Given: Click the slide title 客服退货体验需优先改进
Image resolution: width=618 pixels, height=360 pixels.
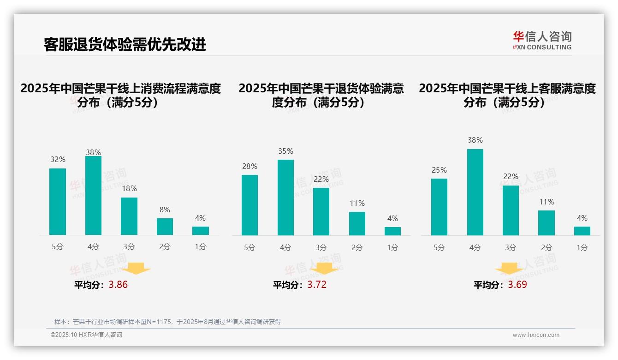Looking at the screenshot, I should [x=125, y=44].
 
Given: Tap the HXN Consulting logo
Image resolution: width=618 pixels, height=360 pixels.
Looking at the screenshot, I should [x=542, y=40].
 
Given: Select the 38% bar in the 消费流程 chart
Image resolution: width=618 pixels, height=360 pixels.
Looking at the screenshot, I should [x=93, y=196].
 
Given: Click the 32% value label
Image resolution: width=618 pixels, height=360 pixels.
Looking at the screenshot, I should [x=58, y=159].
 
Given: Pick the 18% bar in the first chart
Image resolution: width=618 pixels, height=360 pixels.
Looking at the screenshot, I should [x=129, y=216].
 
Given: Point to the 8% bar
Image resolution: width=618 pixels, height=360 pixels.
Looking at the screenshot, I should [x=165, y=227].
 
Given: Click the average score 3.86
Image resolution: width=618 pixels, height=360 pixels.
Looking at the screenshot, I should [x=118, y=284].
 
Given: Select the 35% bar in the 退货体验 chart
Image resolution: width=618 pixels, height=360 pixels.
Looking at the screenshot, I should [x=285, y=198].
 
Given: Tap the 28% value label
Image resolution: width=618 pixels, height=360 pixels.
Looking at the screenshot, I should [x=250, y=166].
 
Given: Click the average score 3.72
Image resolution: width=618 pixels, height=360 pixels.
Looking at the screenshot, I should [x=317, y=284].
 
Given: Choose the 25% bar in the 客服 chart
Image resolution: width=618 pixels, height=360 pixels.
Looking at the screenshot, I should [x=439, y=207].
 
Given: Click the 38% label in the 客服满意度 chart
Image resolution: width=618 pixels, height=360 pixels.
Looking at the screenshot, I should [x=475, y=140].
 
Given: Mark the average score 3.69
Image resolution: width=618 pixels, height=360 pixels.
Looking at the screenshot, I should [x=517, y=284].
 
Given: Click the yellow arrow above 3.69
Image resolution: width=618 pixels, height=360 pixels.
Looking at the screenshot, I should [x=509, y=269].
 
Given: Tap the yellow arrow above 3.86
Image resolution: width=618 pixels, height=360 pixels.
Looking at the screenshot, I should [x=136, y=268].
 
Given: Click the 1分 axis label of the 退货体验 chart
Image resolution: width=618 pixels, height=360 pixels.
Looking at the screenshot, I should [x=392, y=247].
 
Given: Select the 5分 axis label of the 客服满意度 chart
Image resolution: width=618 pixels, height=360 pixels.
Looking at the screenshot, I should [x=439, y=247].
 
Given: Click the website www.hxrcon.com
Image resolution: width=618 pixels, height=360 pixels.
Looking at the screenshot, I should [x=536, y=335].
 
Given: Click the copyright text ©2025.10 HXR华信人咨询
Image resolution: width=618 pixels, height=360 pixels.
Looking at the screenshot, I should [x=86, y=335].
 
